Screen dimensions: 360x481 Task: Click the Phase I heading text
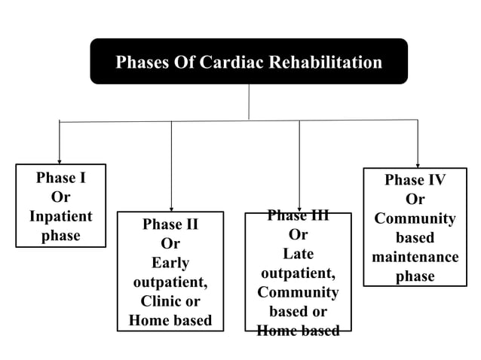click(x=60, y=178)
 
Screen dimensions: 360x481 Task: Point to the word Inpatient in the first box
click(x=60, y=216)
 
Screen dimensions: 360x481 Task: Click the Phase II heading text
click(x=170, y=224)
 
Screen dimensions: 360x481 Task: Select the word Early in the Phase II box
click(x=170, y=263)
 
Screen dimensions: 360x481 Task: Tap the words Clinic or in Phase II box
click(x=170, y=301)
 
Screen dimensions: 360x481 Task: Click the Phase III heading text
click(x=298, y=216)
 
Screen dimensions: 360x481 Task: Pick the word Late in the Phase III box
click(x=298, y=254)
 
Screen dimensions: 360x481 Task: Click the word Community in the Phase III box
click(x=298, y=292)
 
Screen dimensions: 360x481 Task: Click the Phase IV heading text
click(x=415, y=180)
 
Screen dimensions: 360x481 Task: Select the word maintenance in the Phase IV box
click(x=415, y=257)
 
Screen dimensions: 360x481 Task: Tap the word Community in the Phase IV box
click(x=415, y=218)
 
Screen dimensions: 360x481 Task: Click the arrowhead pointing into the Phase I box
click(x=60, y=160)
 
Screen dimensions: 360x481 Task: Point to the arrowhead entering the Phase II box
click(x=171, y=208)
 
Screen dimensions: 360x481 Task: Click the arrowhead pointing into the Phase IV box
click(x=418, y=164)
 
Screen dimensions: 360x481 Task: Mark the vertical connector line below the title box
click(x=249, y=102)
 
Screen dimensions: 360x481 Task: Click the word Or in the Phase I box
click(x=60, y=197)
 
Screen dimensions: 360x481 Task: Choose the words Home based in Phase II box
click(x=170, y=320)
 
